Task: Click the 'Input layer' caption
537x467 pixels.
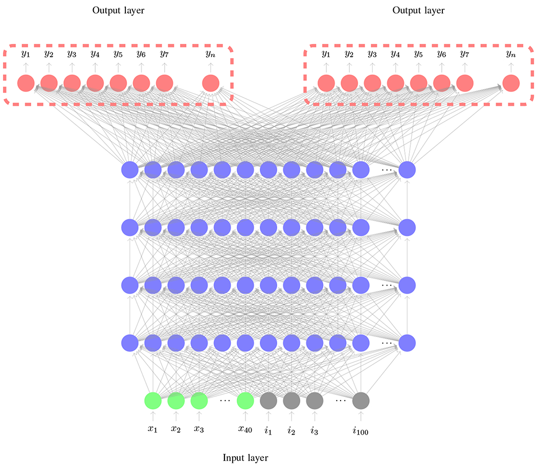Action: [x=245, y=457]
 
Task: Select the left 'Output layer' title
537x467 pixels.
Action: [x=118, y=10]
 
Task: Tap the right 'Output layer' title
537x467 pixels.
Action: [x=418, y=10]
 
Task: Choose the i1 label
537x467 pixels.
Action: [x=268, y=430]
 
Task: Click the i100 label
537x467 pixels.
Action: [x=361, y=431]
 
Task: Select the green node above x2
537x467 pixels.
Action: [x=176, y=401]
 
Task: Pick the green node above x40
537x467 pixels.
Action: [x=245, y=401]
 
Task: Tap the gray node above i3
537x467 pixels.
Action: [x=315, y=401]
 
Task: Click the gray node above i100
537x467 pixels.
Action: [x=361, y=401]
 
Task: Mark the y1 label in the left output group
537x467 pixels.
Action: [x=25, y=53]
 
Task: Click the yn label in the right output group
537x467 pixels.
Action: [x=510, y=53]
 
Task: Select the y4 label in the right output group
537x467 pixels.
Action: [x=395, y=53]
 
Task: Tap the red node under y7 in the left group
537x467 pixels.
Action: [x=164, y=83]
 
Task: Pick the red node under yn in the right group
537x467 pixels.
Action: [x=510, y=83]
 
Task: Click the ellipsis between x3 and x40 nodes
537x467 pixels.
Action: [x=225, y=401]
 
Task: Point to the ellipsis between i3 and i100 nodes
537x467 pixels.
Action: [x=340, y=401]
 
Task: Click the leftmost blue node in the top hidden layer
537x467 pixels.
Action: [x=130, y=169]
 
